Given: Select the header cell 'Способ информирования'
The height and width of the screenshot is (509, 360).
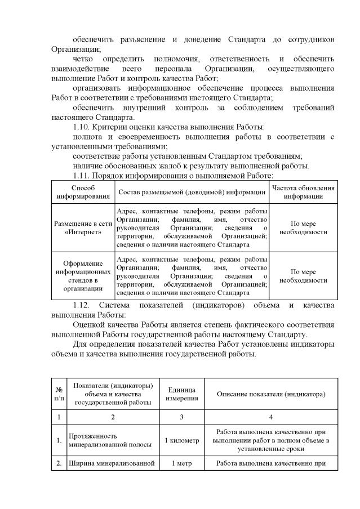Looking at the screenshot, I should pyautogui.click(x=82, y=193).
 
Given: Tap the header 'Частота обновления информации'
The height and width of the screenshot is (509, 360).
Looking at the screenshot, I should pyautogui.click(x=304, y=193).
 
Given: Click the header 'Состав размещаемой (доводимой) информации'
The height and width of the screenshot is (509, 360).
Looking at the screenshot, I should pyautogui.click(x=192, y=193).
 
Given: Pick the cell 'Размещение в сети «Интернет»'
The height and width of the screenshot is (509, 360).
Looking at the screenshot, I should pyautogui.click(x=82, y=227).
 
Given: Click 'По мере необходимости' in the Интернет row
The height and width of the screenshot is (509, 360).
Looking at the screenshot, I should pyautogui.click(x=304, y=227).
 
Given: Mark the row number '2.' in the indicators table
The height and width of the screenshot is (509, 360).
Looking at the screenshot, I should pyautogui.click(x=59, y=464).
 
